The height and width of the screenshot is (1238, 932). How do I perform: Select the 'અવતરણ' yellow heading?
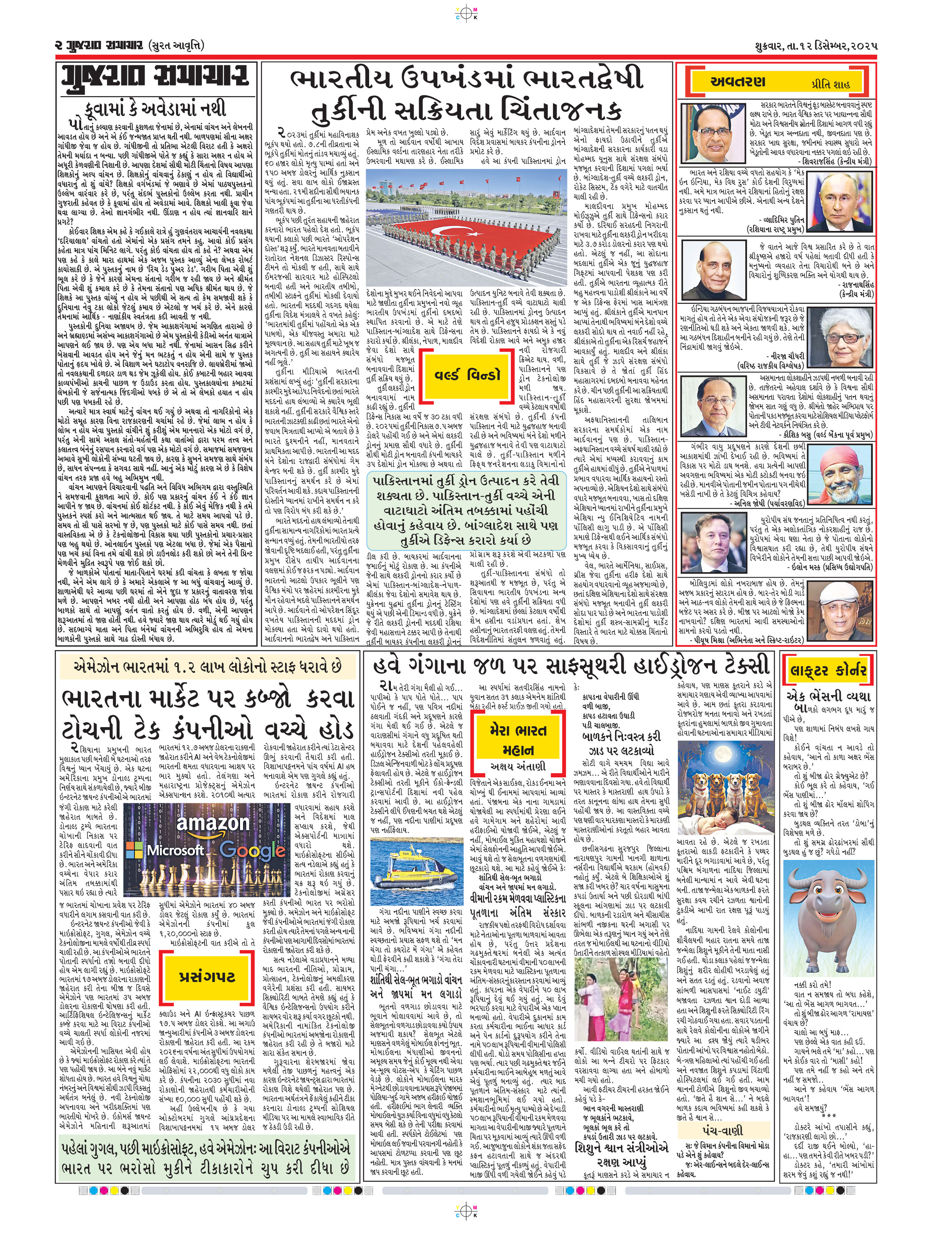point(737,82)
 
